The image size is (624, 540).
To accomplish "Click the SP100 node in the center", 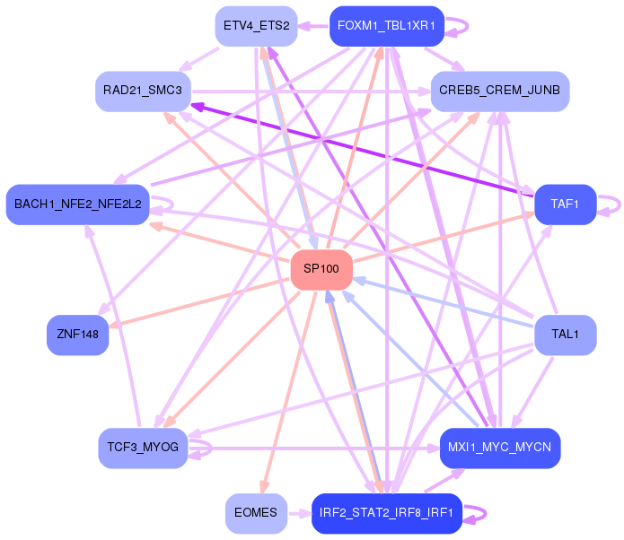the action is click(x=321, y=270).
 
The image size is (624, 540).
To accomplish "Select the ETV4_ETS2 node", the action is click(x=256, y=26).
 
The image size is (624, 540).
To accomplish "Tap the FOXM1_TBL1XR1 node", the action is click(x=387, y=26).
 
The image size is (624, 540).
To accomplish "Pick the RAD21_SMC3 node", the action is click(x=144, y=91).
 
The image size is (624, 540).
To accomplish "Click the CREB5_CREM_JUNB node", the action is click(x=500, y=91).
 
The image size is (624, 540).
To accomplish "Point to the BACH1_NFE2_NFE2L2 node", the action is click(x=77, y=205).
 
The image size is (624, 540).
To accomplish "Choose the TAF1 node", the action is click(x=566, y=205).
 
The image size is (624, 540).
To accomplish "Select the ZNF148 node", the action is click(x=77, y=335).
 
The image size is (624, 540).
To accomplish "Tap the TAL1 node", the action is click(x=566, y=335).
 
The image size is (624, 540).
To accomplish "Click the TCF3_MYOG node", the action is click(x=143, y=449).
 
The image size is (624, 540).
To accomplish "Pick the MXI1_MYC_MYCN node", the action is click(x=500, y=449).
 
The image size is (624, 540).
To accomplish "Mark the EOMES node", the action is click(x=256, y=513).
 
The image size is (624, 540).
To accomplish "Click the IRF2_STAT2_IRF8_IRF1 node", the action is click(x=387, y=513).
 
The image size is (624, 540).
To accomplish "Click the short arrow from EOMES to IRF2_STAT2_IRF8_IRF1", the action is click(x=300, y=514).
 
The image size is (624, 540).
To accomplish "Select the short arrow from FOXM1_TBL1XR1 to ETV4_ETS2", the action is click(x=313, y=26).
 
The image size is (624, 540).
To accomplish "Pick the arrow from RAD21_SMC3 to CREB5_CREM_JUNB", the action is click(x=312, y=91).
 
